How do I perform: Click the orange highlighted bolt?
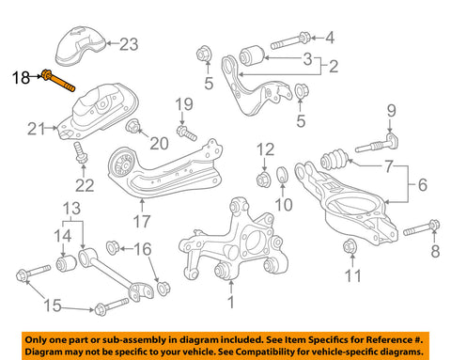click(x=58, y=81)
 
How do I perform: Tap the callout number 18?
click(x=21, y=77)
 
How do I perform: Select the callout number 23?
click(x=129, y=44)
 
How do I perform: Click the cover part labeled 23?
click(x=80, y=46)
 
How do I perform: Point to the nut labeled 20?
click(x=132, y=126)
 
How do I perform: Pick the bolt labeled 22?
click(x=80, y=152)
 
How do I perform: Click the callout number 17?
click(x=142, y=221)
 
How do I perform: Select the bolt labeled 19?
click(x=186, y=133)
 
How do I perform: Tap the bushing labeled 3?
click(x=252, y=55)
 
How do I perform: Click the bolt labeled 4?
click(x=290, y=40)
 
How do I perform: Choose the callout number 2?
click(x=334, y=67)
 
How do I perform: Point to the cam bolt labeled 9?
click(x=377, y=143)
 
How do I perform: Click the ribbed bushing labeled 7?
click(x=334, y=159)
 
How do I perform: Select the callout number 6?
click(x=423, y=184)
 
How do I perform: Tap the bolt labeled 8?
click(x=422, y=228)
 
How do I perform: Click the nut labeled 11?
click(x=350, y=246)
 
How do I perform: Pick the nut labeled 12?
click(x=264, y=180)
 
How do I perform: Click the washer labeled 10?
click(x=283, y=175)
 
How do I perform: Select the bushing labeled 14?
click(x=67, y=262)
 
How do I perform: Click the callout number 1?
click(x=230, y=303)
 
